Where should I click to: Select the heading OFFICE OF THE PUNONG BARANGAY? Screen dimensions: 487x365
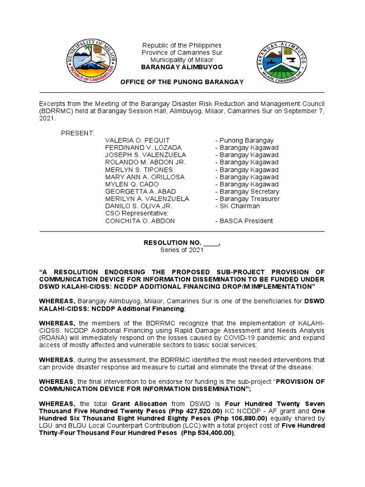coord(182,82)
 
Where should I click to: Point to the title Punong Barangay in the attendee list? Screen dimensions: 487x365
coord(244,140)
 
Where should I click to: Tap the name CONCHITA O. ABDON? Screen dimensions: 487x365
coord(140,221)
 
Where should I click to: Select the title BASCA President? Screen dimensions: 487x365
coord(244,221)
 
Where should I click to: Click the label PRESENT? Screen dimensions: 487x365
coord(77,133)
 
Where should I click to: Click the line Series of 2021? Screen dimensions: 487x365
coord(182,250)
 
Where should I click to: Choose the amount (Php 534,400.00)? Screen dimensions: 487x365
coord(204,433)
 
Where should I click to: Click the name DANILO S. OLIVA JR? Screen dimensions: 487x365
coord(138,206)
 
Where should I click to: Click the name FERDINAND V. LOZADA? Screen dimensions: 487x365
coord(136,147)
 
